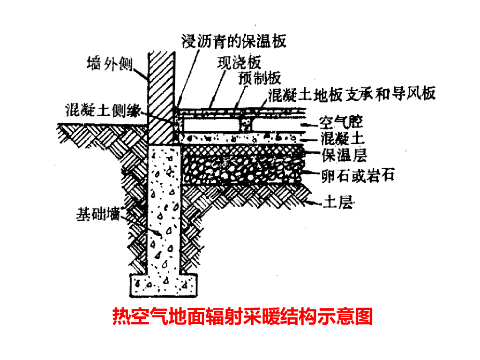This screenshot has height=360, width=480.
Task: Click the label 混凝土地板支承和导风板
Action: click(x=352, y=94)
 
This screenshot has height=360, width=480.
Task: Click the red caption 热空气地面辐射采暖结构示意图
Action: click(x=242, y=316)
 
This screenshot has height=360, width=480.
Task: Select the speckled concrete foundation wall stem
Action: click(x=164, y=211)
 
